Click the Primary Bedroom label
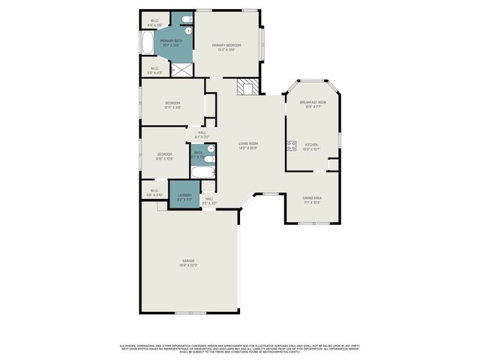(226, 46)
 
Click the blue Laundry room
(184, 196)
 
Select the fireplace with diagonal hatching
(245, 87)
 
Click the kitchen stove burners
(290, 145)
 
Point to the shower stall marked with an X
(182, 69)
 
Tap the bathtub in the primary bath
(147, 42)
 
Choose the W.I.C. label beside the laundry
(154, 191)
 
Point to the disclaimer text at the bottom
(240, 348)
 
